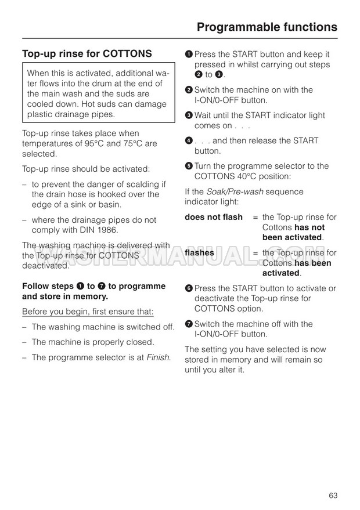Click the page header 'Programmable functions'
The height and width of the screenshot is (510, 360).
point(267,27)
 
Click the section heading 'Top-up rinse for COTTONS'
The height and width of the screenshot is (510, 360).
point(87,54)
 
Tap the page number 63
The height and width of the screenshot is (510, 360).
point(333,479)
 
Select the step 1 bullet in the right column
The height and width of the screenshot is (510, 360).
point(189,54)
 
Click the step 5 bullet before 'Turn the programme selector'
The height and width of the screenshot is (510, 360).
point(189,167)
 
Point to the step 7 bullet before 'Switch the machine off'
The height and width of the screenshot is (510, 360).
point(189,324)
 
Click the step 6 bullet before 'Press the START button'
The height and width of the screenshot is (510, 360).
point(189,288)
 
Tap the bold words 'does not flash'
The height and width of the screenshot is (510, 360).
point(214,218)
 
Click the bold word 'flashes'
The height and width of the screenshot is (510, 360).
point(199,253)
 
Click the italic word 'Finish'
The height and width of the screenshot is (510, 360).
point(159,357)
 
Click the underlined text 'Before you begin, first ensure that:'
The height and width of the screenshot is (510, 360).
point(88,312)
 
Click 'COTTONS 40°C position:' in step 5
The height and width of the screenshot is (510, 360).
point(243,176)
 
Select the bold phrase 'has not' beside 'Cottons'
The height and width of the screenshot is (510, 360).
point(310,227)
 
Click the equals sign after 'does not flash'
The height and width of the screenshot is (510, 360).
point(255,218)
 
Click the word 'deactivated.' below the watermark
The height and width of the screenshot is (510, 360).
point(45,266)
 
